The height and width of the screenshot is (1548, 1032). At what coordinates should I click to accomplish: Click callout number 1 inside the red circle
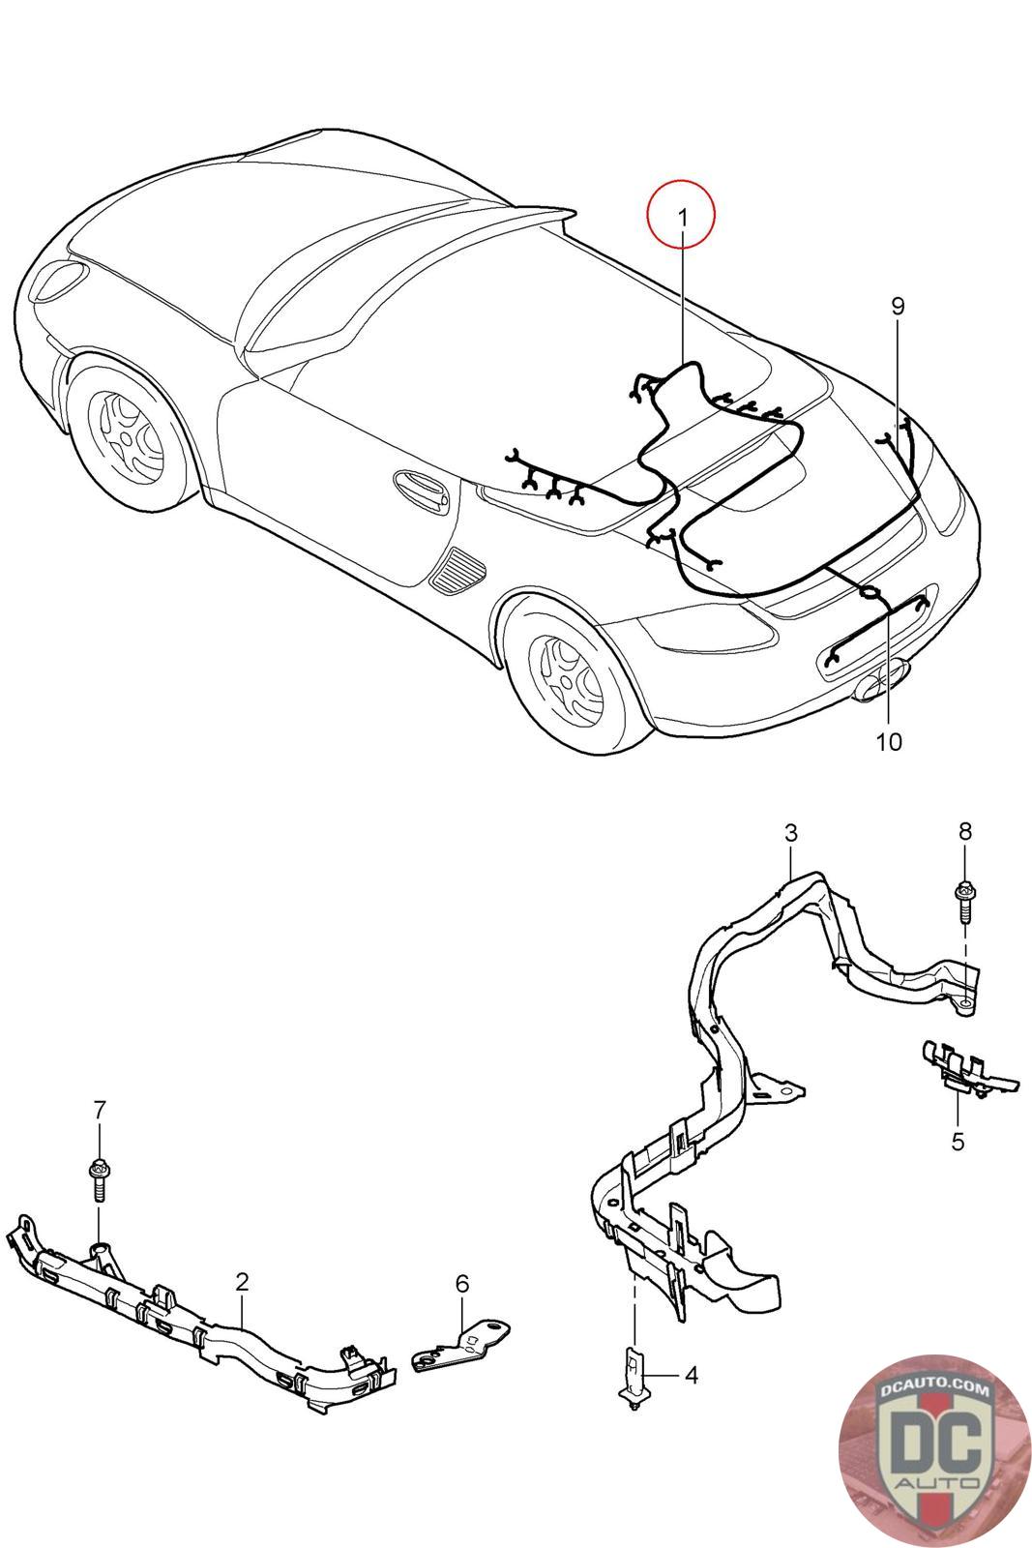[x=682, y=218]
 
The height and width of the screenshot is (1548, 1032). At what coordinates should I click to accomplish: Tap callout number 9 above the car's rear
[x=898, y=307]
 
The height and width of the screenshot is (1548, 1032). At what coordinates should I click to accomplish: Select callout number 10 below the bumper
[x=888, y=742]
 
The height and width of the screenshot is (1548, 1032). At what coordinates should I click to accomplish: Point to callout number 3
[x=791, y=832]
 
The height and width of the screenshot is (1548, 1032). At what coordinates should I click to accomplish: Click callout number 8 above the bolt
[x=964, y=830]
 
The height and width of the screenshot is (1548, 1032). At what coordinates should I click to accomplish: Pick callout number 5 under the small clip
[x=958, y=1142]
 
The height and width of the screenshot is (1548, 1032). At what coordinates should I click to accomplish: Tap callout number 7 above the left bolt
[x=99, y=1111]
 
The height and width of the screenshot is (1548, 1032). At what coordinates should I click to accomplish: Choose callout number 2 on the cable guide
[x=242, y=1282]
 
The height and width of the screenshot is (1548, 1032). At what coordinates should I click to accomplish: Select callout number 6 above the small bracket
[x=462, y=1283]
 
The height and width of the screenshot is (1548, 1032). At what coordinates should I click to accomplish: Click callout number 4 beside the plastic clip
[x=691, y=1374]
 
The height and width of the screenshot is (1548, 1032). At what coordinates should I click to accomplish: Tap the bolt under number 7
[x=98, y=1179]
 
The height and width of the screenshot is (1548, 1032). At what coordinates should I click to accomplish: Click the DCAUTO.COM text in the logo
[x=935, y=1390]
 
